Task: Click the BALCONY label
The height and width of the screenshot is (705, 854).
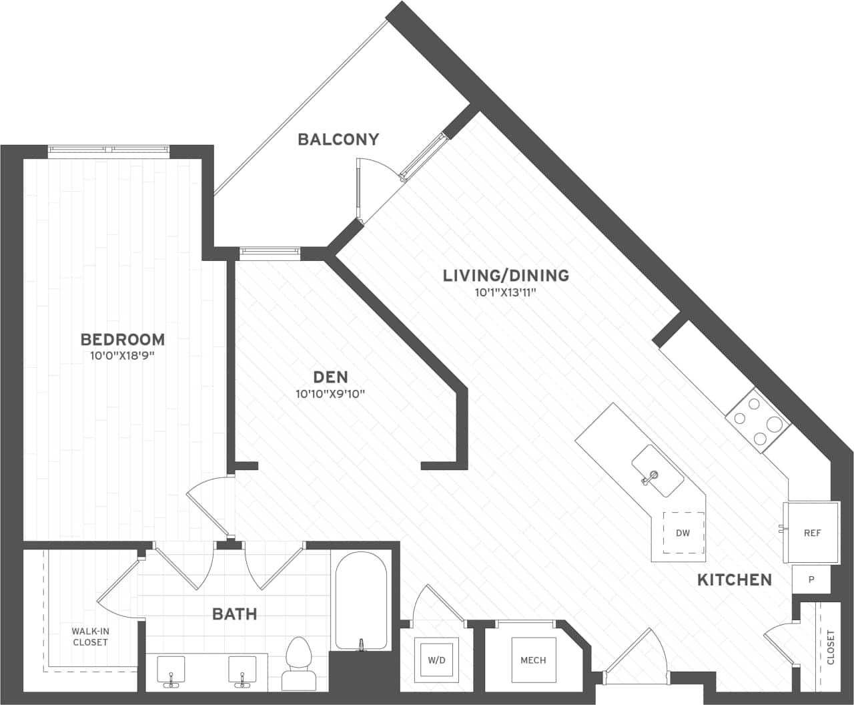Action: coord(338,140)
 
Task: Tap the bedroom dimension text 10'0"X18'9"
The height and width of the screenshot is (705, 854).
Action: coord(122,357)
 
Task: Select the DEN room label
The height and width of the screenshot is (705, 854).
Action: coord(331,377)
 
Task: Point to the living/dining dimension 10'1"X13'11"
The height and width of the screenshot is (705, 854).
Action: coord(506,292)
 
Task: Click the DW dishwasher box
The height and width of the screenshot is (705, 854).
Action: coord(683,533)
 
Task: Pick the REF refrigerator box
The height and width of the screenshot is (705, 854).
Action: coord(812,533)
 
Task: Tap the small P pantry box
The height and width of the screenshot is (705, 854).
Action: coord(811,579)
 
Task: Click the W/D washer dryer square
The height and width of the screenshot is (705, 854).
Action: coord(436,660)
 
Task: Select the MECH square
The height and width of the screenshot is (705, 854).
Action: coord(533,660)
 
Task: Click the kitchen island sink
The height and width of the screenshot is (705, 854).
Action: coord(657,471)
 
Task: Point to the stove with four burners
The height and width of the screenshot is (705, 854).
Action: coord(758,421)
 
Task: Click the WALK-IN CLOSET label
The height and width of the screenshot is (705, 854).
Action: coord(90,636)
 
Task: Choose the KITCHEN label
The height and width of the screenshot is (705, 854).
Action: coord(734,579)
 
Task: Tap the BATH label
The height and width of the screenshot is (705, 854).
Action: coord(235,614)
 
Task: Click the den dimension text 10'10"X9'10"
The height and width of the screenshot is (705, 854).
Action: coord(330,394)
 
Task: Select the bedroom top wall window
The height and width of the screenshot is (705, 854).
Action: coord(109,150)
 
